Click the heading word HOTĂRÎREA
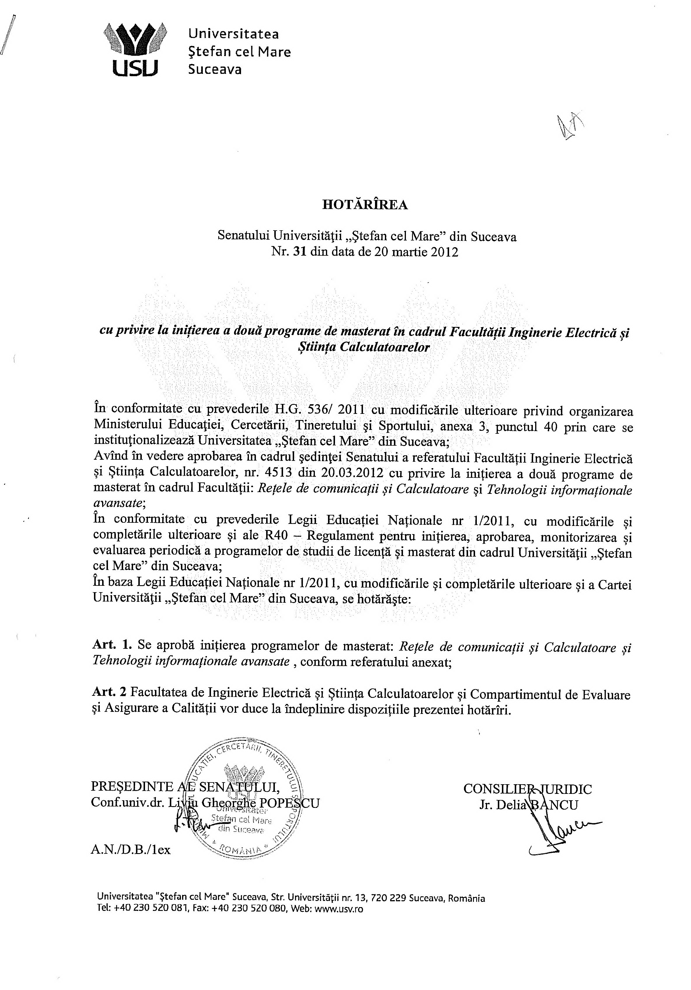(x=365, y=205)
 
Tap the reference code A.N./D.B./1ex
(x=131, y=849)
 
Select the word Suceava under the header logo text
(x=215, y=70)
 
